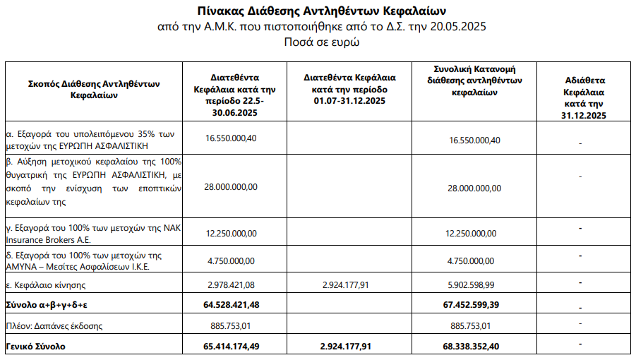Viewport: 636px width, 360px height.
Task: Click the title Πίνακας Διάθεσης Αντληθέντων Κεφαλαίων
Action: pos(323,11)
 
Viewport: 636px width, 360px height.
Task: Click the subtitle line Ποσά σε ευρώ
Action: pos(322,42)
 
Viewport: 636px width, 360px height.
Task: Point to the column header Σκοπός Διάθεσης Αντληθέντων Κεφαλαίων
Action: pos(94,89)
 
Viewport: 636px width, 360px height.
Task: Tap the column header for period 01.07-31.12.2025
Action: pos(349,89)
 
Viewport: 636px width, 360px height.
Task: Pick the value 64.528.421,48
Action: pos(232,304)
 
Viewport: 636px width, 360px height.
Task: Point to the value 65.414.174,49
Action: pos(232,347)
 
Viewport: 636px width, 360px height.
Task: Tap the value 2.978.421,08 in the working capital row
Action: pos(232,284)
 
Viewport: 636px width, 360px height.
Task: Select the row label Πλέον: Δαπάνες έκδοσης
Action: pos(54,325)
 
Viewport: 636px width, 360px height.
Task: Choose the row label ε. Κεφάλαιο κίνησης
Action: pos(46,284)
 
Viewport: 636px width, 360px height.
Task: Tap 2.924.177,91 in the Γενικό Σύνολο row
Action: pos(349,347)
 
